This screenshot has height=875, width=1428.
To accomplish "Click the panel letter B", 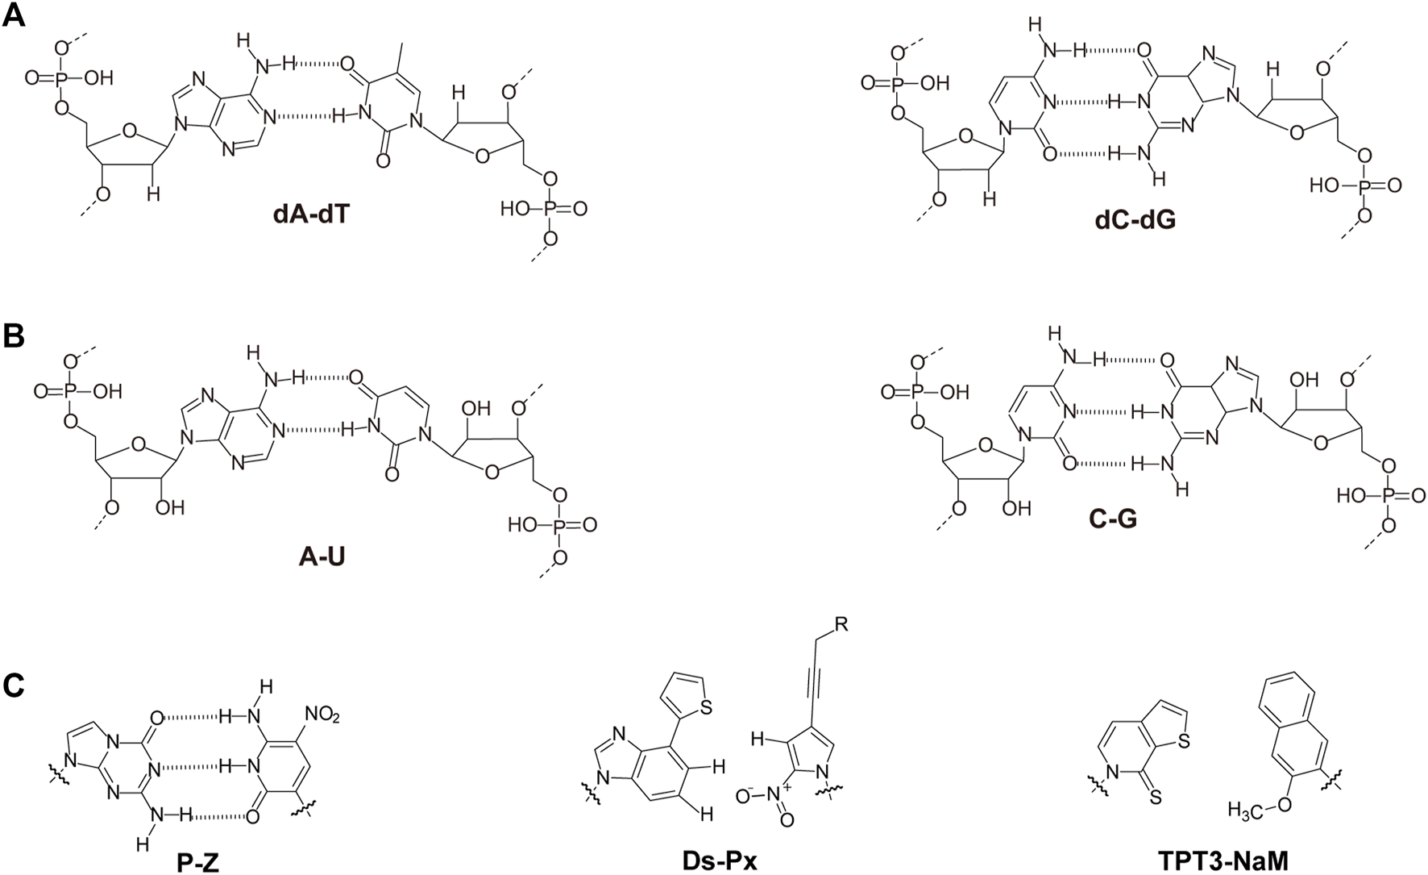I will coord(14,336).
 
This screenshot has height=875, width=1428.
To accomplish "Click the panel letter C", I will coord(14,685).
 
